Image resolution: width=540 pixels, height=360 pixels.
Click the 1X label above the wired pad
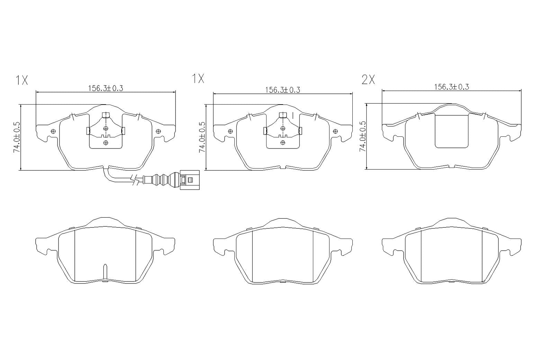pyautogui.click(x=21, y=80)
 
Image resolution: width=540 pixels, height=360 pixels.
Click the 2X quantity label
pyautogui.click(x=368, y=80)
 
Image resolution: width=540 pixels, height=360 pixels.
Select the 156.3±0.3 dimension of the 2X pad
pyautogui.click(x=451, y=87)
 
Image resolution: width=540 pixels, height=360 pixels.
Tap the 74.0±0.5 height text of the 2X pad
pyautogui.click(x=362, y=136)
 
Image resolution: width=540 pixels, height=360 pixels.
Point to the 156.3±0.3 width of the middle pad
pyautogui.click(x=282, y=90)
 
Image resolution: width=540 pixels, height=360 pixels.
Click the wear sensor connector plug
pyautogui.click(x=189, y=180)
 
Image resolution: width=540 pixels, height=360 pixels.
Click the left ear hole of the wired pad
pyautogui.click(x=53, y=131)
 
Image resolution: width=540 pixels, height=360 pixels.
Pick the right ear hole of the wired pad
pyautogui.click(x=159, y=131)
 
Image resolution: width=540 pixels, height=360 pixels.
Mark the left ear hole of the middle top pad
pyautogui.click(x=230, y=131)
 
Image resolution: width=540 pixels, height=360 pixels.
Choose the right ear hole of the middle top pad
pyautogui.click(x=335, y=131)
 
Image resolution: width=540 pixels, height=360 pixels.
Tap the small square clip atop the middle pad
pyautogui.click(x=283, y=115)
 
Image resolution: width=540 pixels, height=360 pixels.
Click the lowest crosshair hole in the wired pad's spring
pyautogui.click(x=106, y=142)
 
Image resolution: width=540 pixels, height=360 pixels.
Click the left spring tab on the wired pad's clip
pyautogui.click(x=88, y=130)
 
